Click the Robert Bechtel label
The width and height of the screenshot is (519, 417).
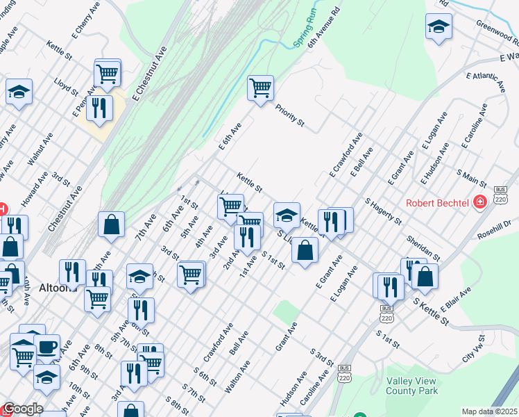pos(437,203)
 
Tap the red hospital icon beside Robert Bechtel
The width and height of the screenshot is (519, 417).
pos(479,202)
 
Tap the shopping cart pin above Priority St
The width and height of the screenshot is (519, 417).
pos(260,88)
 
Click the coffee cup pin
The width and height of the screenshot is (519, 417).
pos(47,347)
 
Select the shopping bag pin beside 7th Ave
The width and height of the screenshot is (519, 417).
pos(111,224)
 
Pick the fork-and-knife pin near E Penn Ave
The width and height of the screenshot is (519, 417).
pos(100,108)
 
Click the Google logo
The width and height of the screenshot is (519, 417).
pos(22,409)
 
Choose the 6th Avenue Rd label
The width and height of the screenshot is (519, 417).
pos(323,28)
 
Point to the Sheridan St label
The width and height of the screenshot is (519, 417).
pos(423,244)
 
